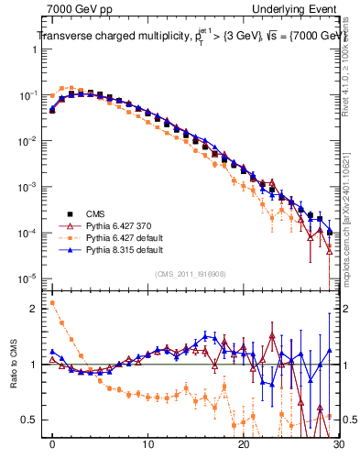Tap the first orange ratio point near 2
(52, 302)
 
